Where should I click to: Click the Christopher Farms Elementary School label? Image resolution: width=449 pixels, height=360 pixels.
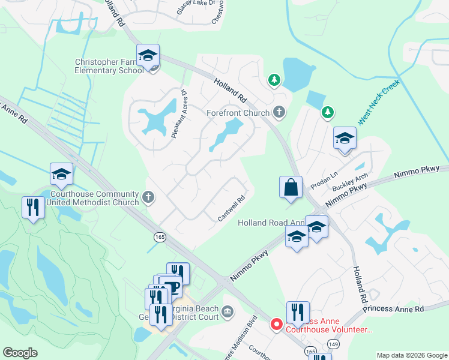pyautogui.click(x=108, y=66)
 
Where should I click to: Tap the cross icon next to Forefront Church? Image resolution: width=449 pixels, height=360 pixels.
pyautogui.click(x=279, y=112)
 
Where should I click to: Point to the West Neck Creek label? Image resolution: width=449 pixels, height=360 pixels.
pyautogui.click(x=379, y=102)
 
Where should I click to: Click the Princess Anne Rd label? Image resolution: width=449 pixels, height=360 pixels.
pyautogui.click(x=393, y=309)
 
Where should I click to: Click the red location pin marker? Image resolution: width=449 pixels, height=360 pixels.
pyautogui.click(x=276, y=324)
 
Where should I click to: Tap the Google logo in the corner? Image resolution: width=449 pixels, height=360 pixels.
pyautogui.click(x=20, y=353)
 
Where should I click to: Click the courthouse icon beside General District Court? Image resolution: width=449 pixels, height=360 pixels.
pyautogui.click(x=228, y=311)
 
